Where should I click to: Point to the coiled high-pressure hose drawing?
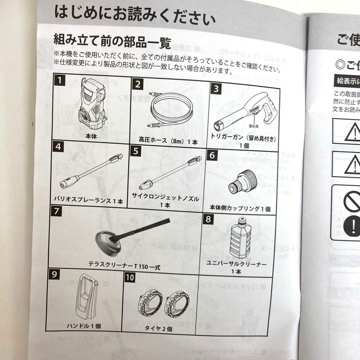pyautogui.click(x=170, y=110)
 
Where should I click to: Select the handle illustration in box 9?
pyautogui.click(x=86, y=297)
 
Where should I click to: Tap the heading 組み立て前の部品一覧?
pyautogui.click(x=112, y=42)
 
